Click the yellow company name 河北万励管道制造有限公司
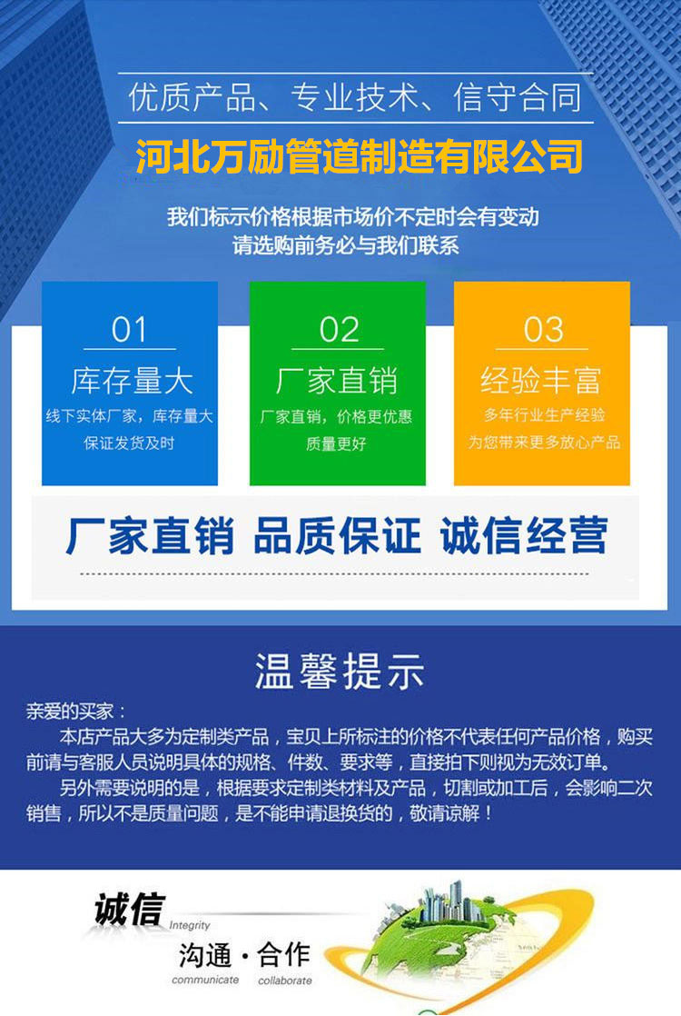click(360, 157)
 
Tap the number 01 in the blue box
click(130, 329)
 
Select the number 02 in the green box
click(339, 329)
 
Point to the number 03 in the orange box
click(543, 329)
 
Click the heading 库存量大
click(132, 381)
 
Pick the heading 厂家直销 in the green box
click(337, 381)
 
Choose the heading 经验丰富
click(541, 381)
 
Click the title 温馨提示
click(340, 671)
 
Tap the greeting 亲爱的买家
click(70, 711)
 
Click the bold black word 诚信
click(130, 909)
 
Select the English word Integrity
click(190, 925)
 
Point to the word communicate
click(205, 980)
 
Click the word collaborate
click(285, 981)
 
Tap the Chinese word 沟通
click(205, 955)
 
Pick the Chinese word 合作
click(283, 954)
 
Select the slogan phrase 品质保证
click(337, 535)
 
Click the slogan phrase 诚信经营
click(524, 535)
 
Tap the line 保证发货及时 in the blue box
click(130, 443)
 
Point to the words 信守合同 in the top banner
click(517, 97)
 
